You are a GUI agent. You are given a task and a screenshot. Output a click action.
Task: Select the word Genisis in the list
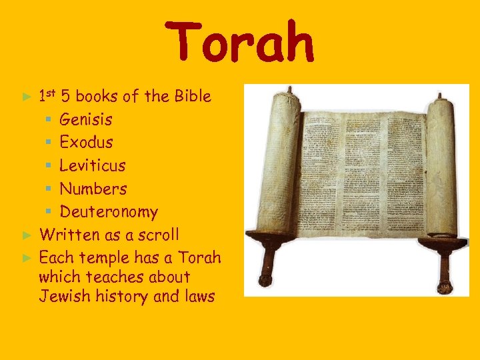86,120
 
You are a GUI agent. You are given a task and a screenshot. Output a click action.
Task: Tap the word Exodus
87,143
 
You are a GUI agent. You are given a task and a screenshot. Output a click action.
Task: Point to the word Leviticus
93,165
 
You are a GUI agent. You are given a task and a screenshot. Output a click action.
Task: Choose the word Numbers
93,189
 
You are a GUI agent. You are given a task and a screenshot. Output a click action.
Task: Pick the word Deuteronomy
109,212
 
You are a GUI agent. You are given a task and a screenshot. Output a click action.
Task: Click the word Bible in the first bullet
192,97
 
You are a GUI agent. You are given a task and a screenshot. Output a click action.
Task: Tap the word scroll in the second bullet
158,235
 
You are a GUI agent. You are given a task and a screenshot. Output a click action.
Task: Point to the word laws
199,296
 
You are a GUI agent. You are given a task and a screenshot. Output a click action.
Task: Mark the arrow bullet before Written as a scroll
27,235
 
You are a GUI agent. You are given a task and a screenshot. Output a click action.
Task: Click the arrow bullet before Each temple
27,257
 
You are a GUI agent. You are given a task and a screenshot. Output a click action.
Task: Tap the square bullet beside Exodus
49,143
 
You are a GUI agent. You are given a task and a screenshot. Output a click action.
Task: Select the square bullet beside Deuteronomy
49,212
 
